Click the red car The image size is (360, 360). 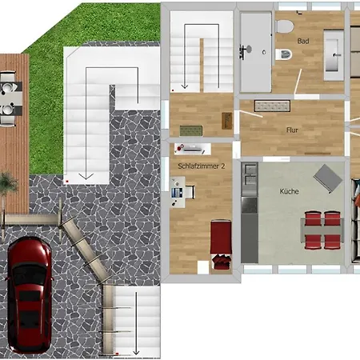29,295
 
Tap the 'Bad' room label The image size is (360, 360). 303,41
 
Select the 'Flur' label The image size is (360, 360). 292,130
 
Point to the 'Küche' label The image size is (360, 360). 289,191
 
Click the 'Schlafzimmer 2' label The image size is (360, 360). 202,166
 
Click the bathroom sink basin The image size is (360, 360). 334,55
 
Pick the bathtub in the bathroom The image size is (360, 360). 256,52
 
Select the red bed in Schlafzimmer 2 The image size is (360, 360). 221,244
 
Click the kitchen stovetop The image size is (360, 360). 250,205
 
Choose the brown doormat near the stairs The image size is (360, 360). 226,121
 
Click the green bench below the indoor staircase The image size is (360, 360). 191,130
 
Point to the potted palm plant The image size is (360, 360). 8,183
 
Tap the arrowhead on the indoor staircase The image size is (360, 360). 185,86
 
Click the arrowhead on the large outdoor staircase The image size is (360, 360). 86,176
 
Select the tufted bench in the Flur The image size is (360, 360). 272,106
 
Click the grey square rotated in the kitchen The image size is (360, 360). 328,178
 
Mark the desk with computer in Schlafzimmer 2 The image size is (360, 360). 178,192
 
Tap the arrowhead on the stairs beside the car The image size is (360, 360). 136,353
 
